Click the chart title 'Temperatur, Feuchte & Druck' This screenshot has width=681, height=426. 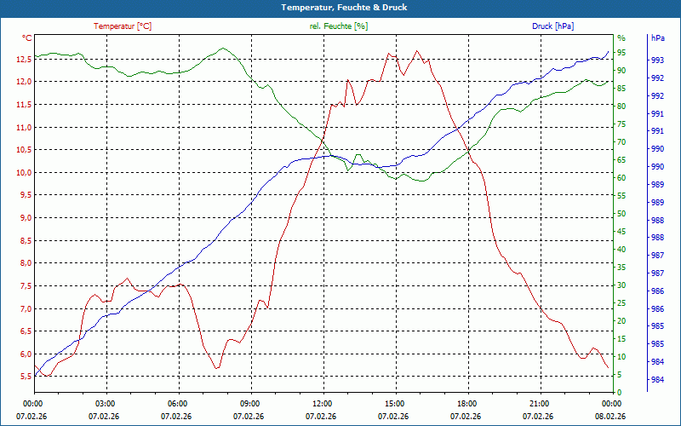pos(340,7)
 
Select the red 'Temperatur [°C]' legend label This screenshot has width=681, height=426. pos(123,26)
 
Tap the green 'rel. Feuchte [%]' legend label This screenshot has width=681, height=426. pos(338,26)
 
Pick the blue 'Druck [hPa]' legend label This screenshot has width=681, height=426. pos(552,26)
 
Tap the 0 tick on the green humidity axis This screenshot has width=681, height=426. pos(620,392)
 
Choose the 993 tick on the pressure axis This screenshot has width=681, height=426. pos(657,60)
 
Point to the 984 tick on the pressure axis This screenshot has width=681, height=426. pos(657,380)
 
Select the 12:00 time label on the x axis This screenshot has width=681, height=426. pos(322,403)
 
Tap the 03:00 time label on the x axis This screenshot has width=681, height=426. pos(105,403)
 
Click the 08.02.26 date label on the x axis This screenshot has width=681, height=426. pos(610,417)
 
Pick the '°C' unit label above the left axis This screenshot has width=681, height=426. pos(27,37)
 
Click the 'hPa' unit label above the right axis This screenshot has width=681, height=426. pos(657,38)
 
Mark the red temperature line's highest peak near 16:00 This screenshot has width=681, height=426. pos(416,50)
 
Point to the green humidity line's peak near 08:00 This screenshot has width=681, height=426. pos(224,49)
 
